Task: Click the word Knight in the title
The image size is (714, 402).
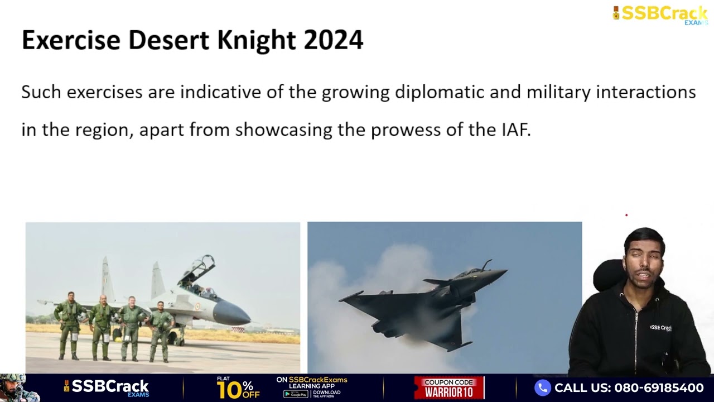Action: (x=257, y=40)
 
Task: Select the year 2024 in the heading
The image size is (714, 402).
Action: (x=334, y=40)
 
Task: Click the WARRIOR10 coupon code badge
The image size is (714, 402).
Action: (x=449, y=388)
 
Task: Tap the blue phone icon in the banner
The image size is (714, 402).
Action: (x=543, y=387)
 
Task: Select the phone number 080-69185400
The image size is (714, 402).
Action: (x=659, y=387)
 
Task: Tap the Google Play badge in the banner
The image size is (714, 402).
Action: (x=296, y=394)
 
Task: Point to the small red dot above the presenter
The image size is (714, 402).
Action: (x=626, y=216)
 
